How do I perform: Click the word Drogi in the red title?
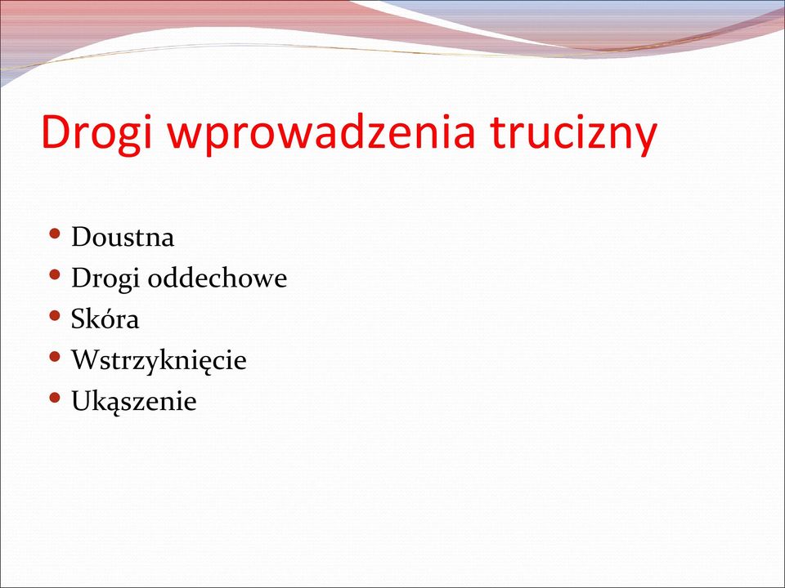pos(96,133)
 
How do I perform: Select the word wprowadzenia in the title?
pos(321,133)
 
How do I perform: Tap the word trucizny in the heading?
pos(573,133)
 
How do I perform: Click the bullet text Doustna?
pos(123,237)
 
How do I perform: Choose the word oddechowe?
pos(218,278)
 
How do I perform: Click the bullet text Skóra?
pos(105,318)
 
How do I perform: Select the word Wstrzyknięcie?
pos(159,360)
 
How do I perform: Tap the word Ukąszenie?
pos(133,401)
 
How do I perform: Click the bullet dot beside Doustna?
pos(55,234)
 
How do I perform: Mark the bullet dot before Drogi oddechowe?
pos(55,274)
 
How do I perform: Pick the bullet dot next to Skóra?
pos(55,315)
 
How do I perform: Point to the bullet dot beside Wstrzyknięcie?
pos(55,357)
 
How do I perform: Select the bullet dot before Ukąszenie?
pos(55,398)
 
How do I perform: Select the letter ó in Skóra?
pos(108,319)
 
